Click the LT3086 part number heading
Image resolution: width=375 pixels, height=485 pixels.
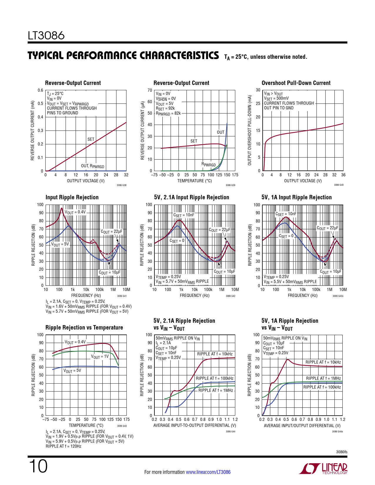[46, 36]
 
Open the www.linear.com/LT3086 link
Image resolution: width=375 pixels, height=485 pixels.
[208, 472]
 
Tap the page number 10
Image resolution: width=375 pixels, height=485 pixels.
[38, 466]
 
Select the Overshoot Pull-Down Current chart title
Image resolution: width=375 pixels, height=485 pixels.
[296, 83]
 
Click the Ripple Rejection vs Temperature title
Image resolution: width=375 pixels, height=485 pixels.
[84, 327]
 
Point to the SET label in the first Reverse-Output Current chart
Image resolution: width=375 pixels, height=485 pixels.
[91, 139]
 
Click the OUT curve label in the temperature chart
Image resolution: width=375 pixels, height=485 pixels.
[221, 132]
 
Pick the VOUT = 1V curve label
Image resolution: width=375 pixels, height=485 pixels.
[100, 357]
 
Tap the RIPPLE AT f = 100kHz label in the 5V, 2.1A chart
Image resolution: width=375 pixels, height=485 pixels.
[215, 378]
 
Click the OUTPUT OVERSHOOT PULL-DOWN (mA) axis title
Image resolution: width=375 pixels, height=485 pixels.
[250, 130]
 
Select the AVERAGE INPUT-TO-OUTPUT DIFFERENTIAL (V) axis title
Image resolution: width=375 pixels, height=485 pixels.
[195, 425]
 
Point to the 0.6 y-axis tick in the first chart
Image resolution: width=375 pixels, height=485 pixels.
[40, 90]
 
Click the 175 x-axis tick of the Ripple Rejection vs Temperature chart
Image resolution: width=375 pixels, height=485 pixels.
[126, 419]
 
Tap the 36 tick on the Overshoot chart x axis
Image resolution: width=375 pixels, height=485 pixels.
[343, 175]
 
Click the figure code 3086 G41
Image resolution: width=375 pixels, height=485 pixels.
[122, 296]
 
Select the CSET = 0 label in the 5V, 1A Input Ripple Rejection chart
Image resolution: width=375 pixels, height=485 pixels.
[286, 236]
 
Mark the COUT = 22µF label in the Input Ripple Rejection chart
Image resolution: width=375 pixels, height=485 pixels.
[111, 232]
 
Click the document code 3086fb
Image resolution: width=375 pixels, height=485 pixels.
[341, 452]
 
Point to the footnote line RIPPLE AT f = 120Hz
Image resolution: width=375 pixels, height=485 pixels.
[64, 446]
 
